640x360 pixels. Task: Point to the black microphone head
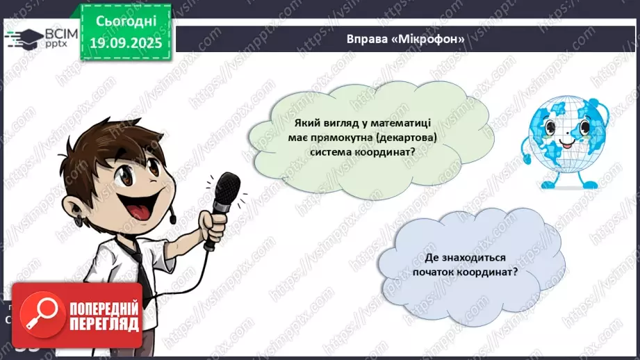click(x=227, y=190)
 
